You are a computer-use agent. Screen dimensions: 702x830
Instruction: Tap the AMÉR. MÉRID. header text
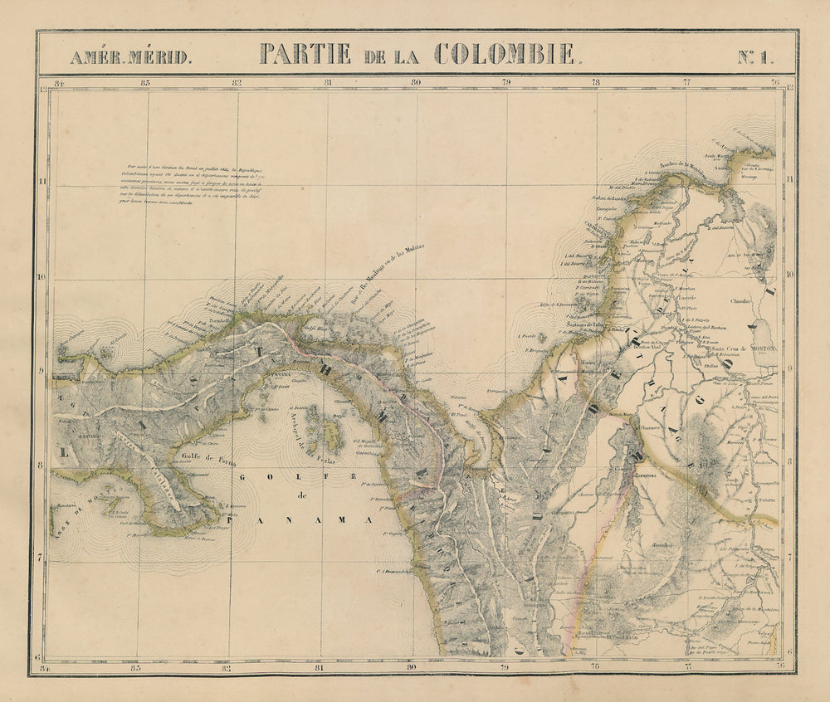click(130, 57)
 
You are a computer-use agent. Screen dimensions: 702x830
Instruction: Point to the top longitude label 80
click(415, 82)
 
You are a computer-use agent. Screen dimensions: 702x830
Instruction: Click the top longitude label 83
click(145, 82)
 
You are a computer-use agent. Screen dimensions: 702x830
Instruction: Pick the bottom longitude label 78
click(595, 664)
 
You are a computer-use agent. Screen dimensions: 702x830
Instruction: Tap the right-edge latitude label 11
click(789, 178)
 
